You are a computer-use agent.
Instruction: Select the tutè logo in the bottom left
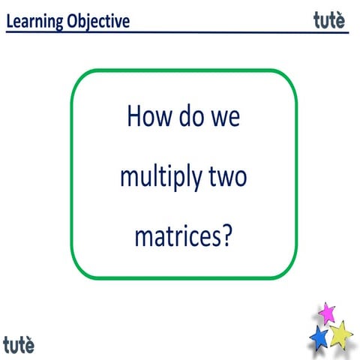point(18,345)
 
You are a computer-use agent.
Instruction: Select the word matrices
point(177,238)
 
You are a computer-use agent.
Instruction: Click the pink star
point(326,312)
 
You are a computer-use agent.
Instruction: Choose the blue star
point(319,337)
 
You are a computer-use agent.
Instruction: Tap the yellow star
point(340,333)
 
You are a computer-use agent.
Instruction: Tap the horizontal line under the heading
point(180,32)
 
